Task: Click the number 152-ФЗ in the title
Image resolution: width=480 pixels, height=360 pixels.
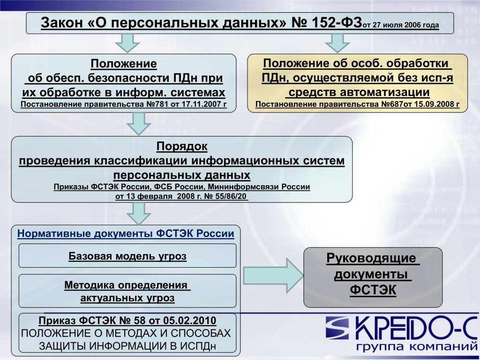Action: point(337,22)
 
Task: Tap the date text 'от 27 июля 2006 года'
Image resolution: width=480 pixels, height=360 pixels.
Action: point(401,25)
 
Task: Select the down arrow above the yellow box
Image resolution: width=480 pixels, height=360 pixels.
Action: point(337,43)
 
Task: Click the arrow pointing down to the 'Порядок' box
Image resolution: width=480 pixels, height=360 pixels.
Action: point(139,124)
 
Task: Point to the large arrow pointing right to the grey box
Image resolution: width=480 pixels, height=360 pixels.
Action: point(273,276)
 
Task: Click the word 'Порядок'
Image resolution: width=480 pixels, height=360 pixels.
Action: point(182,146)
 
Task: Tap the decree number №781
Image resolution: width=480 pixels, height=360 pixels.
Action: point(157,105)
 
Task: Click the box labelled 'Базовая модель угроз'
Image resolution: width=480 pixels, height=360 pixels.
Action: point(127,255)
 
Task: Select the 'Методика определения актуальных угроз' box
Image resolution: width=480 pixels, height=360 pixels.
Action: point(127,291)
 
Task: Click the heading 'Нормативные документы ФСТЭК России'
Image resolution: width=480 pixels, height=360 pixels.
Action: point(126,233)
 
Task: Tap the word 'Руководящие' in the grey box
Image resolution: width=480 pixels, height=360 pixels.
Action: point(371,258)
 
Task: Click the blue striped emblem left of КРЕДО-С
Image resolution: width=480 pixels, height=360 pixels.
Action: point(337,328)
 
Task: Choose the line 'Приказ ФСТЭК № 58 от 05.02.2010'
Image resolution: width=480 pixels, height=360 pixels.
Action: point(127,321)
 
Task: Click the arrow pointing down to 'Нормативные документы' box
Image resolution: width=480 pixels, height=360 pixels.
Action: point(139,213)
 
